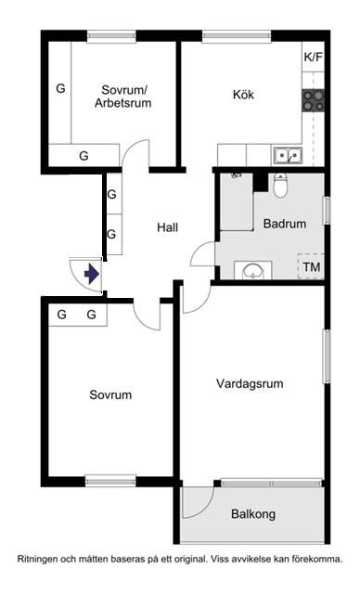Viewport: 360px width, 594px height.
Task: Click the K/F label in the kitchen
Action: [x=314, y=58]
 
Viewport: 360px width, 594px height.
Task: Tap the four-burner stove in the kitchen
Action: [x=314, y=100]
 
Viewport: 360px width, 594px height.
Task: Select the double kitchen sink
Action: [x=289, y=155]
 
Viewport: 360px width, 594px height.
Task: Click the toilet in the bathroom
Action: [x=280, y=186]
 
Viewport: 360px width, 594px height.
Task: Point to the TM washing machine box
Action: [x=311, y=266]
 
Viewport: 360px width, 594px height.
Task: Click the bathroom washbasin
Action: [x=253, y=270]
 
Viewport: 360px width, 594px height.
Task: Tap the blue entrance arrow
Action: [x=91, y=274]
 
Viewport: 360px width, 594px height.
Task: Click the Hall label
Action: [x=167, y=227]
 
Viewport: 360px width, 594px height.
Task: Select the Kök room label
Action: [x=243, y=95]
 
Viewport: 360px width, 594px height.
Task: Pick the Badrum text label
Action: [x=285, y=224]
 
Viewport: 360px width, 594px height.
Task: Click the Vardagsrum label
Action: [x=250, y=383]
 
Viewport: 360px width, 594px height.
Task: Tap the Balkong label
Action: [x=253, y=514]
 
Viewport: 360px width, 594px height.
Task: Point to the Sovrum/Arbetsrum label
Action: [x=123, y=97]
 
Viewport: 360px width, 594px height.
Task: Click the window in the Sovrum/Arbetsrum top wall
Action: [x=111, y=36]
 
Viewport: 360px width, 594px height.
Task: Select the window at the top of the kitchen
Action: [x=237, y=36]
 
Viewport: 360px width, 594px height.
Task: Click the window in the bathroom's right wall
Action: [x=327, y=210]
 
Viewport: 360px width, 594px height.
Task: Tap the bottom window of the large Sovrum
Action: [x=110, y=482]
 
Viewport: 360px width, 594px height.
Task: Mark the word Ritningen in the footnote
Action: [x=36, y=559]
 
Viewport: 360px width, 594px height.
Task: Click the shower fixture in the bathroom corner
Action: [x=237, y=175]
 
